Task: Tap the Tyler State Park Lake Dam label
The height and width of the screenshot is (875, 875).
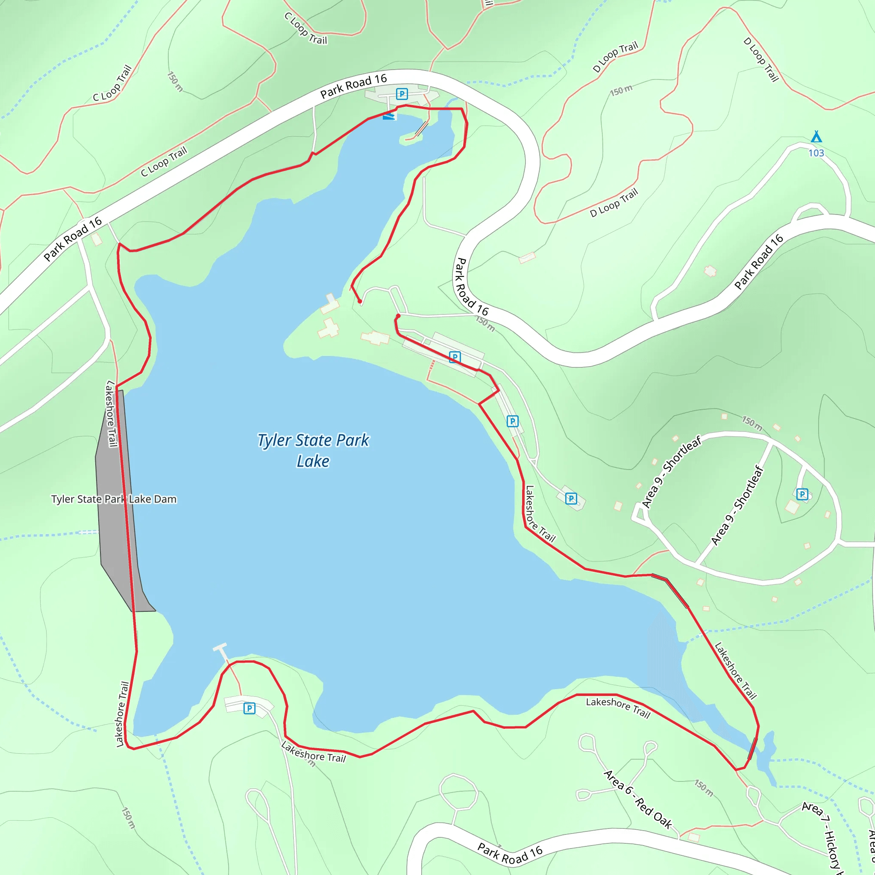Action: point(114,499)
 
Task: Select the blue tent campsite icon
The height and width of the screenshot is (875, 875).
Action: point(816,137)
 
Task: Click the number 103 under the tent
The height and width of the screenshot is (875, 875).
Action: point(816,153)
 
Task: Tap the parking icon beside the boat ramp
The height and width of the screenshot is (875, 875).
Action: point(402,94)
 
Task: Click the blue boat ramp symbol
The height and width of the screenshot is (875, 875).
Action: point(389,116)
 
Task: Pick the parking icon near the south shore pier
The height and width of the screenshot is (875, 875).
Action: point(249,708)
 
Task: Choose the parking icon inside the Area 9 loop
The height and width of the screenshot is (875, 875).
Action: point(802,494)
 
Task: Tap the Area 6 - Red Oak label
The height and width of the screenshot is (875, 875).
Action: point(638,799)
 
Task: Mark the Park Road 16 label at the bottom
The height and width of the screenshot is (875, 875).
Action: point(511,853)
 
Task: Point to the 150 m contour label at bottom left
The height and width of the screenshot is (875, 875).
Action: point(129,818)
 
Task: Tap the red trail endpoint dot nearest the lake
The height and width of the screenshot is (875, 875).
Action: point(360,301)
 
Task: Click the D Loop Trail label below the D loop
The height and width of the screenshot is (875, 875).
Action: point(614,203)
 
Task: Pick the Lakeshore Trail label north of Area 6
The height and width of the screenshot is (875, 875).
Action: point(618,708)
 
